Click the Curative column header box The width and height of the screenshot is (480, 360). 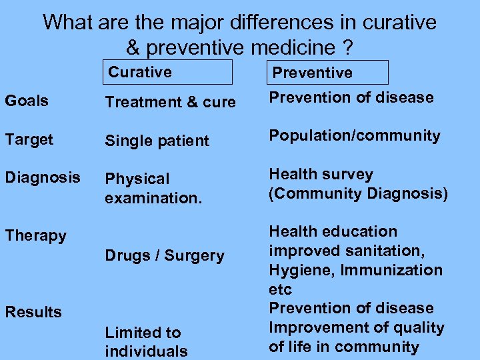[167, 72]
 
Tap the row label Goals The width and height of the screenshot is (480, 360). [27, 101]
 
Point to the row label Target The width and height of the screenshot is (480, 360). [29, 139]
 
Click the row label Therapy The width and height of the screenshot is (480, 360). [35, 235]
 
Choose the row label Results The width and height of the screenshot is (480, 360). [33, 312]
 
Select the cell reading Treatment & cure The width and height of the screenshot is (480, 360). [170, 102]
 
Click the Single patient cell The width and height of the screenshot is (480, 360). [157, 141]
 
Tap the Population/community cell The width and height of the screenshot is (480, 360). [354, 136]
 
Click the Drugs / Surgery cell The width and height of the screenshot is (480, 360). [165, 255]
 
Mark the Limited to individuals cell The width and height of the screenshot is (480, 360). [146, 341]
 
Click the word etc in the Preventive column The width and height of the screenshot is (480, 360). [280, 289]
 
